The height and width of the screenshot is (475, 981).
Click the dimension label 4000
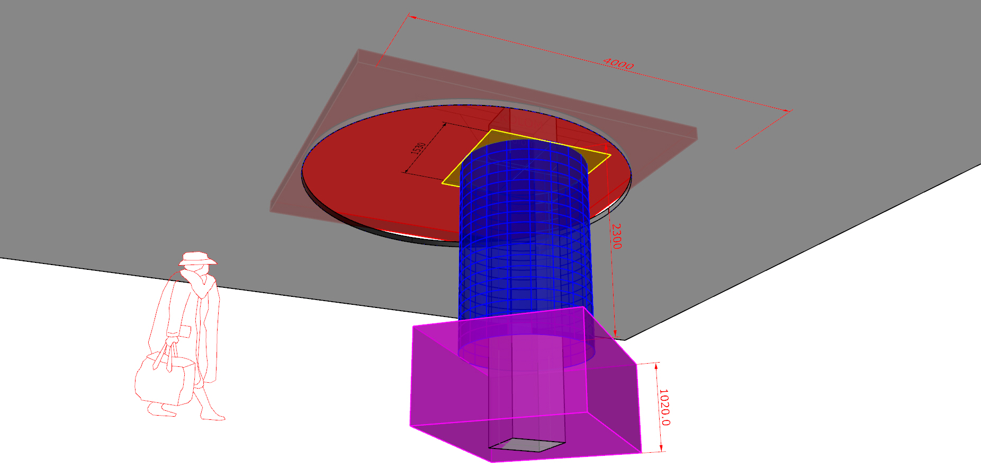tap(618, 64)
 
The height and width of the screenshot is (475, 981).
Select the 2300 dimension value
tap(616, 236)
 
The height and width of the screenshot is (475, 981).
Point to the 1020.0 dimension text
tap(664, 407)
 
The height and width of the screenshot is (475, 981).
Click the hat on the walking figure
tap(197, 259)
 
